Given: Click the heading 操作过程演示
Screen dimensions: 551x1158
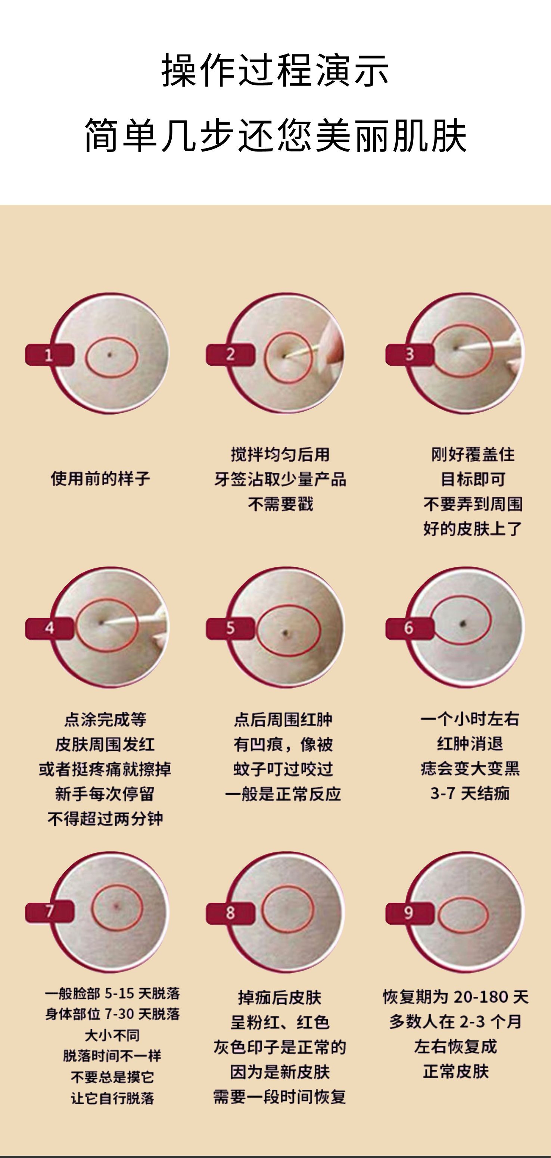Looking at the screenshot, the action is (275, 70).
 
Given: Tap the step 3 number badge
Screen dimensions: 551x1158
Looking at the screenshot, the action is (409, 354).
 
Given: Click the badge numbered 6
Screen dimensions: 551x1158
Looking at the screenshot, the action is (409, 628).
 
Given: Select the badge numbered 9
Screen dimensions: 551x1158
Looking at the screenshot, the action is (409, 912).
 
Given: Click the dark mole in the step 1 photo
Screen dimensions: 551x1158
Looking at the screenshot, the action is (110, 355).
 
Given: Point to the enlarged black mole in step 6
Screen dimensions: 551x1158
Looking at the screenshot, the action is (463, 623).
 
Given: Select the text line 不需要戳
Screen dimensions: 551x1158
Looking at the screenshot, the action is (280, 504).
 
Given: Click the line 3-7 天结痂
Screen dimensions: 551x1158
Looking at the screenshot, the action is (470, 793).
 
